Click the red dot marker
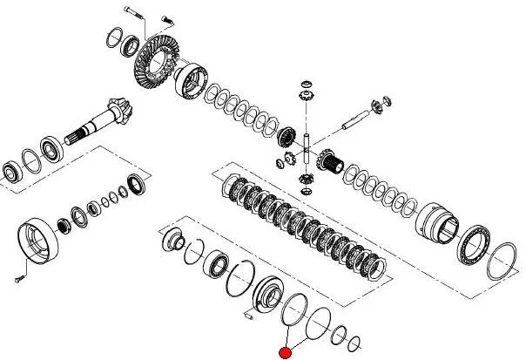click(283, 352)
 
